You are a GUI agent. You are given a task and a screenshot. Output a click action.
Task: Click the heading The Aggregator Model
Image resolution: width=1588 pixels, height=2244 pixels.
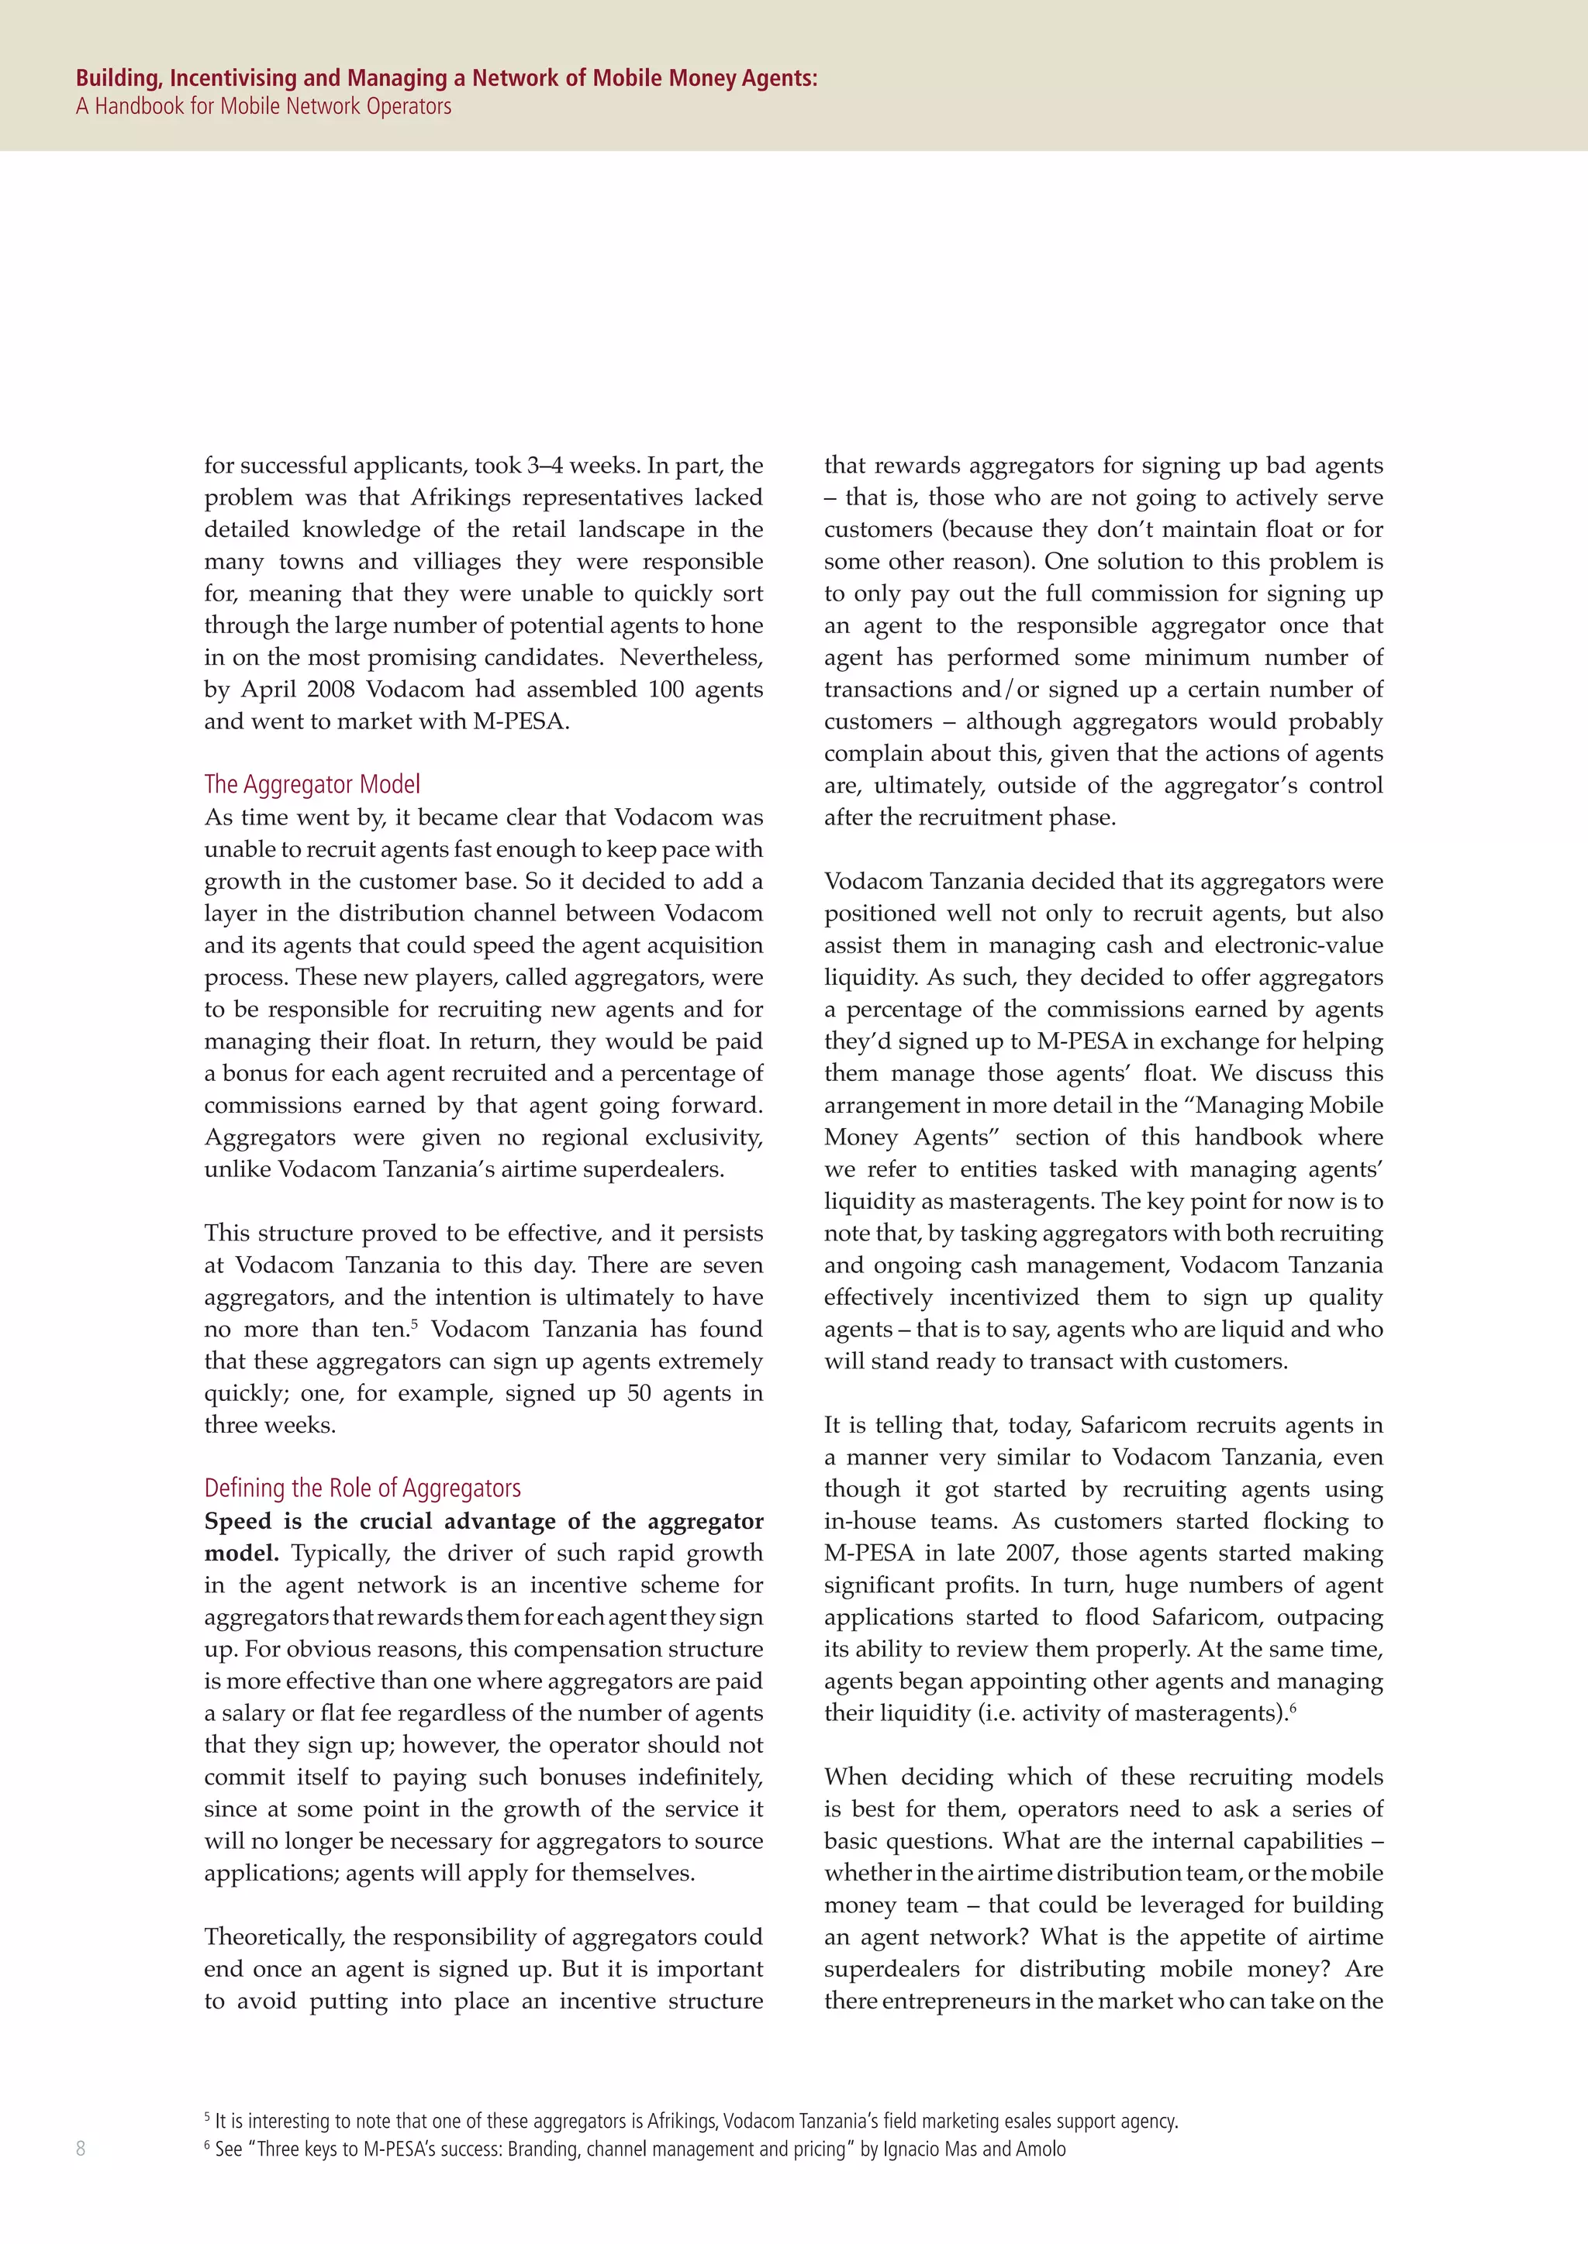[312, 785]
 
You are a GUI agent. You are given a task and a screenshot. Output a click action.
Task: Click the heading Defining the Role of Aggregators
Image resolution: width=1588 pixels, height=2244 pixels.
[362, 1489]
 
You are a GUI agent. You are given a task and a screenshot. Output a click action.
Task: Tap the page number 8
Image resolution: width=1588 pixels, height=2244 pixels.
[80, 2148]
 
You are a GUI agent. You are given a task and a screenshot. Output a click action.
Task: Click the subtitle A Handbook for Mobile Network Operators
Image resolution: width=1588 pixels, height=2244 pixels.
[263, 106]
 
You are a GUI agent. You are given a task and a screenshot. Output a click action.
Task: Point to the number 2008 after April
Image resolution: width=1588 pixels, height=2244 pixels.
[330, 690]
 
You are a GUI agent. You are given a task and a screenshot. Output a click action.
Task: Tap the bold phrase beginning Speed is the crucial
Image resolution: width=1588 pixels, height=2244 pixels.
[483, 1522]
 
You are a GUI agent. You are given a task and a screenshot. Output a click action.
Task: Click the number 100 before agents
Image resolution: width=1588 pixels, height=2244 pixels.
[666, 690]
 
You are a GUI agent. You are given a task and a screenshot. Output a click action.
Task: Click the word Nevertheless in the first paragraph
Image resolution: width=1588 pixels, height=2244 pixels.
[690, 658]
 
